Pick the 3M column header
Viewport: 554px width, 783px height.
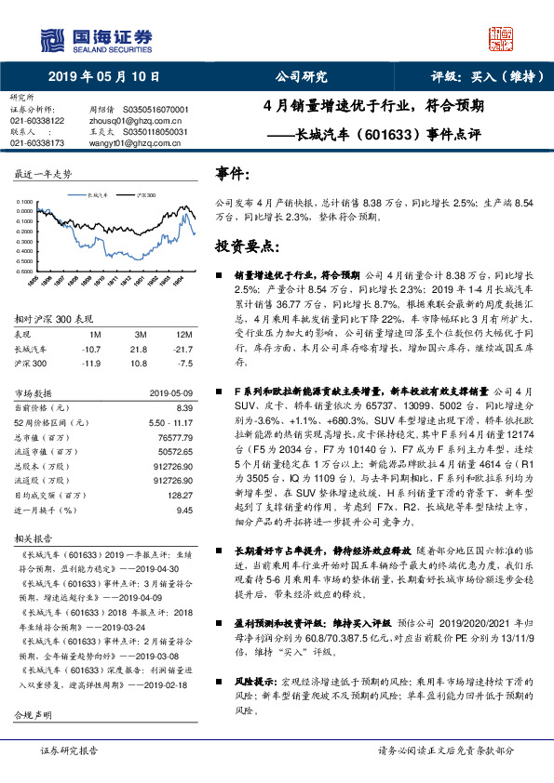(x=141, y=333)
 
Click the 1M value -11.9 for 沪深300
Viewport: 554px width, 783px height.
(x=91, y=362)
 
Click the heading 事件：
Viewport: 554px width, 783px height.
(x=233, y=172)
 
